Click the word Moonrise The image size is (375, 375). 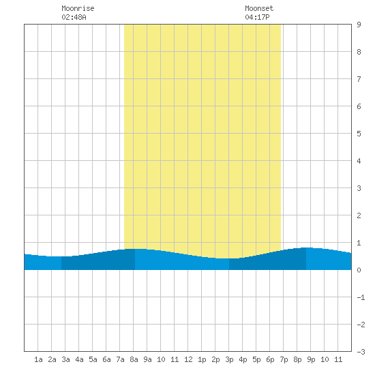pos(78,8)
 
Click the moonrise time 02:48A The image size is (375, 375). pos(74,17)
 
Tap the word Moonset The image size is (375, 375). pos(259,8)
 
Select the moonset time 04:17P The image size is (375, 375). pos(257,17)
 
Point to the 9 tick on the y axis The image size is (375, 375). pos(359,25)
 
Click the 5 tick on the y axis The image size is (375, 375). pos(359,134)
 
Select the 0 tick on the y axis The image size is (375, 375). pos(359,270)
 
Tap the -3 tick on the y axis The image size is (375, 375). pos(361,352)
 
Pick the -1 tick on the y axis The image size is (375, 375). pos(361,297)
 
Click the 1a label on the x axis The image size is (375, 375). pos(38,359)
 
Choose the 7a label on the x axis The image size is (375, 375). pos(120,359)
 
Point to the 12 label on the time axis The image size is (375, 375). pos(188,359)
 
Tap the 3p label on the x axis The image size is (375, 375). pos(229,359)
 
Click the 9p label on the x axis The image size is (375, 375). pos(311,359)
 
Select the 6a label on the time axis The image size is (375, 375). pos(106,359)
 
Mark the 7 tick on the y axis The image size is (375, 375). pos(359,79)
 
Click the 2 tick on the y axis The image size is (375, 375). pos(359,215)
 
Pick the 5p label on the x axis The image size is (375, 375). pos(256,359)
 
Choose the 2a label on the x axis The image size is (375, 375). pos(52,359)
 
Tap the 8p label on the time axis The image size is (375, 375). pos(297,359)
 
